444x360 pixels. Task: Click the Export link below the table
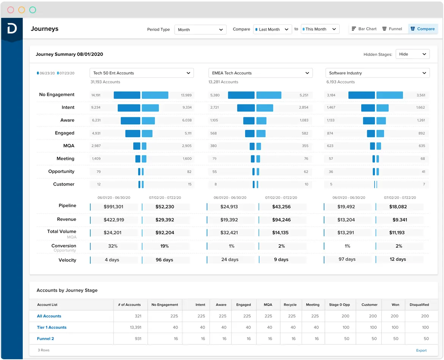(421, 351)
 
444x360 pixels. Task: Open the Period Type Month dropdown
(200, 30)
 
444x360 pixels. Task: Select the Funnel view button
(392, 29)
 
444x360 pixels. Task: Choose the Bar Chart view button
(364, 29)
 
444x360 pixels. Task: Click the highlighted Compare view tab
(423, 29)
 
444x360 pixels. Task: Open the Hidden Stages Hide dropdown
(413, 54)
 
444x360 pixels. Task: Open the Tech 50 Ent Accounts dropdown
(142, 73)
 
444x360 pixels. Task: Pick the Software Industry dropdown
(377, 73)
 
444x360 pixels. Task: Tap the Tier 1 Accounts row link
(52, 327)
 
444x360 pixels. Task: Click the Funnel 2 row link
(46, 339)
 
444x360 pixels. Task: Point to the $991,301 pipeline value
(113, 207)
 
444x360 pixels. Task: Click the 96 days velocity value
(164, 260)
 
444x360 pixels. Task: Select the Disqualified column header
(419, 305)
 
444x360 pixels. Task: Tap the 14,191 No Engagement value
(96, 95)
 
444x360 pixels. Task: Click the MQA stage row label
(69, 146)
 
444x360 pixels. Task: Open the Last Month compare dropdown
(272, 30)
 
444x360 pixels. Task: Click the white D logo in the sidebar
(12, 28)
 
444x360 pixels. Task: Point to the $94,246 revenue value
(281, 220)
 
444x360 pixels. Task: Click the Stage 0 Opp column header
(339, 305)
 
